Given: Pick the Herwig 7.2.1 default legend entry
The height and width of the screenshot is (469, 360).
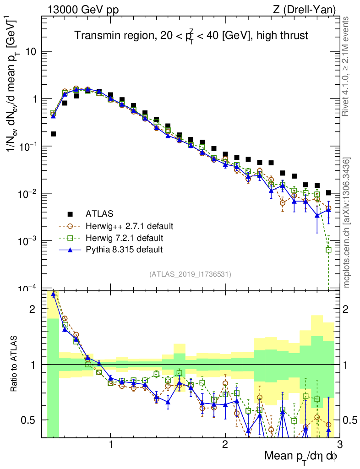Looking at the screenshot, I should click(124, 238).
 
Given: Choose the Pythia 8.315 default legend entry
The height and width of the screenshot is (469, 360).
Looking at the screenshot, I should click(124, 250).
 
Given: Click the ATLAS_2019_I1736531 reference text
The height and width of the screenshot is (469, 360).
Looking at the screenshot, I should click(190, 274).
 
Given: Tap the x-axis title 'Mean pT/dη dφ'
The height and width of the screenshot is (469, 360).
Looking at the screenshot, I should click(301, 456).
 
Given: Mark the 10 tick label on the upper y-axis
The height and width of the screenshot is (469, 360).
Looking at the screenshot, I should click(31, 51).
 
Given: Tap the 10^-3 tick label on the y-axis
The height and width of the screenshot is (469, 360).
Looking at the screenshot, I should click(28, 241).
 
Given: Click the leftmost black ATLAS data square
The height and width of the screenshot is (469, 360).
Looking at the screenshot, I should click(53, 134).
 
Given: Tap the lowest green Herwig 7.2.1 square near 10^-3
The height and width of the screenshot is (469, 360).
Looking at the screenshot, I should click(328, 250).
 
